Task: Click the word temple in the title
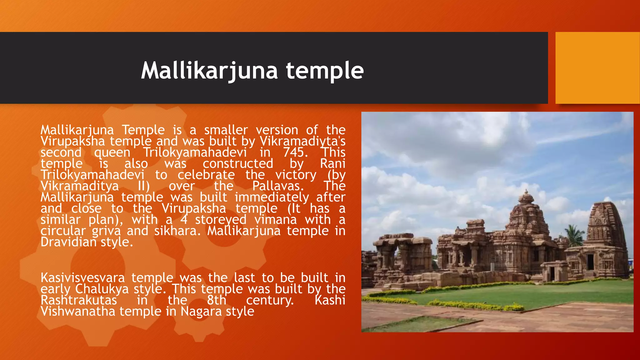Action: click(x=325, y=71)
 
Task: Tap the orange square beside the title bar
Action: click(x=597, y=68)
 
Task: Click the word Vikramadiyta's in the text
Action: click(x=302, y=141)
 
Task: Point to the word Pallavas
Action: click(x=278, y=186)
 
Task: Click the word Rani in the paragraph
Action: click(x=332, y=164)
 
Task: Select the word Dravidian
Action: click(x=68, y=242)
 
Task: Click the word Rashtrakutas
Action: click(x=79, y=300)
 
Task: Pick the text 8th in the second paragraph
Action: click(x=217, y=300)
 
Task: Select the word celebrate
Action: click(x=206, y=175)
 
